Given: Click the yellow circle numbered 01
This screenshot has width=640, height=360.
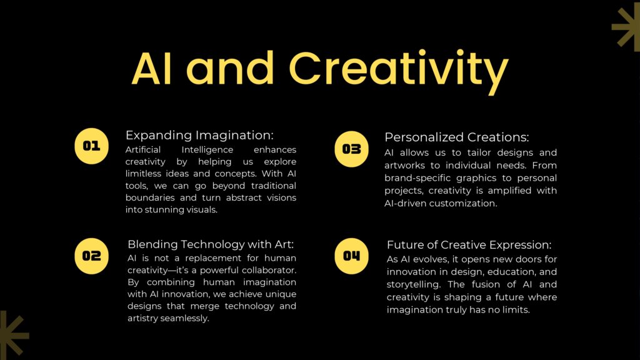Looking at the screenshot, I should click(x=92, y=146).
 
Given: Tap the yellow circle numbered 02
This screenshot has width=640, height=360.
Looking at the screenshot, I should click(x=92, y=256).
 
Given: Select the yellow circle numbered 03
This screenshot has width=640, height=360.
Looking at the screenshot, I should click(x=351, y=149).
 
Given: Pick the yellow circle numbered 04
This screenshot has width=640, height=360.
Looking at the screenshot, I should click(x=351, y=256).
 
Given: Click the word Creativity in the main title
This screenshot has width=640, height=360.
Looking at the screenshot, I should click(x=399, y=69).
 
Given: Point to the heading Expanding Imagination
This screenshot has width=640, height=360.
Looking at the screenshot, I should click(x=199, y=135).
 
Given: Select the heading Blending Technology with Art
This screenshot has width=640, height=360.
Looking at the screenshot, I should click(x=211, y=244).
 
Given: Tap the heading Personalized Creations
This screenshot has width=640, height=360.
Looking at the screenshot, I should click(x=456, y=137).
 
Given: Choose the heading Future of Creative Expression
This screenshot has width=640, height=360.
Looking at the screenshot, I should click(x=469, y=244).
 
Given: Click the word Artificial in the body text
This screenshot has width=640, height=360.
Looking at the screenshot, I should click(x=143, y=150).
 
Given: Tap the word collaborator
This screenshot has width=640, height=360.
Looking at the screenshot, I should click(x=269, y=270).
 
